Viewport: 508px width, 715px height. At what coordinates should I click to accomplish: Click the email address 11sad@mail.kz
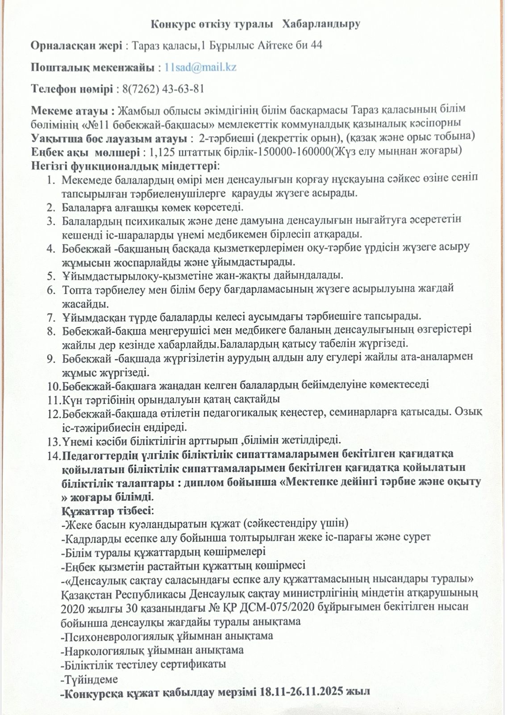pos(200,67)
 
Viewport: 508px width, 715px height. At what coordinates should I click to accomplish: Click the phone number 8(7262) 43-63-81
pos(163,88)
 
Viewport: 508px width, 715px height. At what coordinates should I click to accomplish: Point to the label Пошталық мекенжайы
pos(92,67)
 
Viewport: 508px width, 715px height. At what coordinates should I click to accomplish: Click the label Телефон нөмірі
pos(72,88)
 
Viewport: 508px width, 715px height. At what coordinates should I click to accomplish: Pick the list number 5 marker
pos(51,275)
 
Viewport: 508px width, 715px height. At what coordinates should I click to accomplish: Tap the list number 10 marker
pos(54,385)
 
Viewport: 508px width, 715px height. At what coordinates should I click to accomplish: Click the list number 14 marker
pos(54,455)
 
